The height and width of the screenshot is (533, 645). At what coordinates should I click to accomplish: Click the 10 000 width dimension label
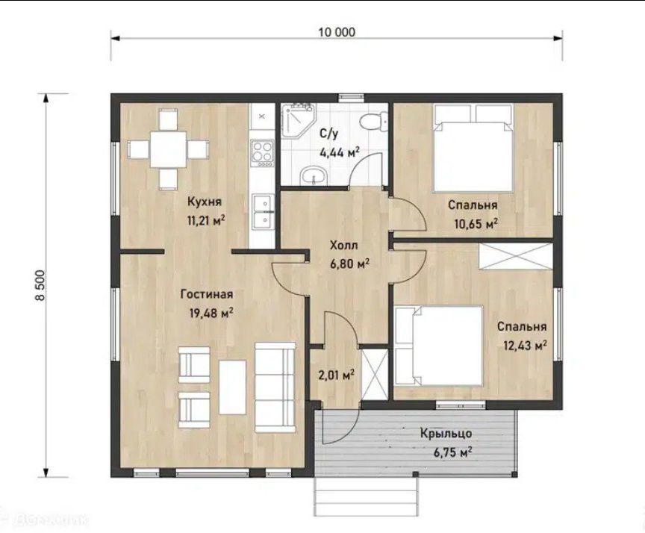(337, 31)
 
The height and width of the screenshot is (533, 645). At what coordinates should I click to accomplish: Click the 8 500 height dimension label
(40, 286)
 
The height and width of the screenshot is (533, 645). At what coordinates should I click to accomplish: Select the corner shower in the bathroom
(297, 119)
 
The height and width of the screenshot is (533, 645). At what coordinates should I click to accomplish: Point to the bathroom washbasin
(314, 176)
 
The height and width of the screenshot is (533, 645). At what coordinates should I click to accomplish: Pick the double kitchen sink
(262, 211)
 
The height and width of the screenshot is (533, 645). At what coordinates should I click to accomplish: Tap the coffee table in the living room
(232, 387)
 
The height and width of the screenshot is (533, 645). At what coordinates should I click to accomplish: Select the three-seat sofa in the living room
(275, 387)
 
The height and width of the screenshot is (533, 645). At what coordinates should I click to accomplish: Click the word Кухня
(205, 202)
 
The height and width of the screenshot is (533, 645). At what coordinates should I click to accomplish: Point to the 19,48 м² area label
(211, 313)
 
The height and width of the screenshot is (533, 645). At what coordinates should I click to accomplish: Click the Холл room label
(344, 246)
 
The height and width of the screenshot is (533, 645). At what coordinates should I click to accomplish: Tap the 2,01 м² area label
(336, 375)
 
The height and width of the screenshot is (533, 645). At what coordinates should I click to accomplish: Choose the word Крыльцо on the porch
(446, 434)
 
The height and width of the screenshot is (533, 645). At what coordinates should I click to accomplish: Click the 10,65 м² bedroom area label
(476, 223)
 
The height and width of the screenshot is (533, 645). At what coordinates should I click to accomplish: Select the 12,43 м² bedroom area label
(526, 345)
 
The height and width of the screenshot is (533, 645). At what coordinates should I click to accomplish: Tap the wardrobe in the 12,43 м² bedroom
(516, 257)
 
